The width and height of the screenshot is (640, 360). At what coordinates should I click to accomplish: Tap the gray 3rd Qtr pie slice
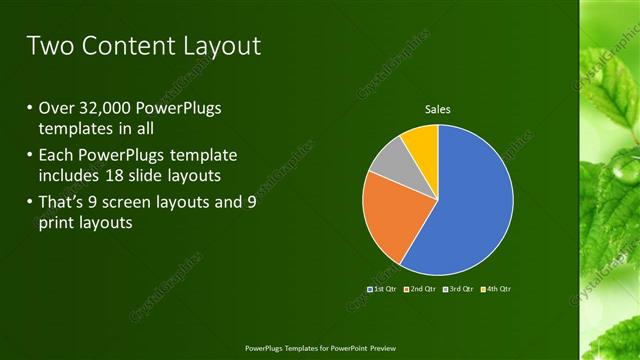pos(390,160)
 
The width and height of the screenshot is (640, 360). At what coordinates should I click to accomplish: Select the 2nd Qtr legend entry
pos(422,289)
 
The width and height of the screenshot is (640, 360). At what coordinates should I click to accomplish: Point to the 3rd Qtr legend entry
pos(460,289)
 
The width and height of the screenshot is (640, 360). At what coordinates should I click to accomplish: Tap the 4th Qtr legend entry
pos(497,289)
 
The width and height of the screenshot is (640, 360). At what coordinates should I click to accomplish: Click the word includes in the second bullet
pos(71,176)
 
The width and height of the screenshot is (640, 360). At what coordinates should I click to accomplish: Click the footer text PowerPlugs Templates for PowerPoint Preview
pos(320,348)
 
